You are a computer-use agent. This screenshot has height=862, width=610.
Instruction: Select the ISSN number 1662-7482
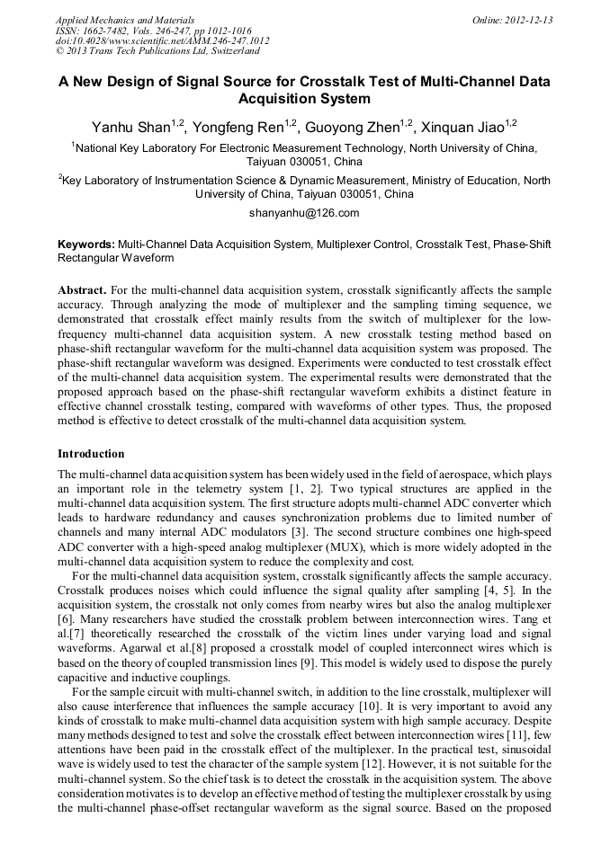click(111, 31)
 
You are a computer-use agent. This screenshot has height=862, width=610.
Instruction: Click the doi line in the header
click(162, 40)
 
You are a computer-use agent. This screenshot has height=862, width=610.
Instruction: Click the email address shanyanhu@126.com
click(304, 213)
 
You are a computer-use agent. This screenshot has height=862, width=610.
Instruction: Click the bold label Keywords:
click(86, 244)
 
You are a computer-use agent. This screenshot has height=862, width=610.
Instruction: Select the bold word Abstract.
click(83, 290)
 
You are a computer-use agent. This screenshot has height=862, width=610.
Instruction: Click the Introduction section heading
click(91, 453)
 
